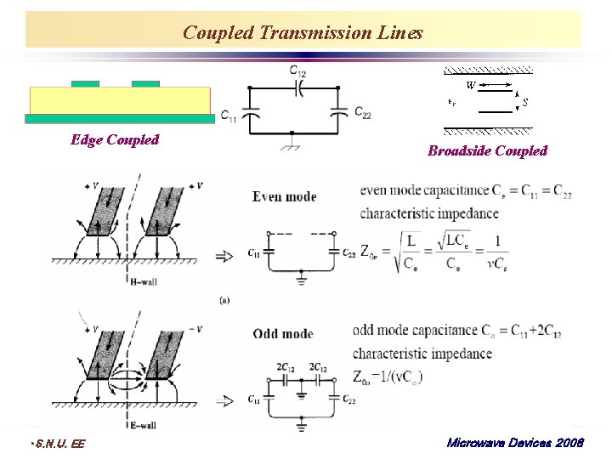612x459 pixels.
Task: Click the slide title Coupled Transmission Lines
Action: point(303,32)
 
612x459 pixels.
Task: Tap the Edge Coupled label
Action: point(115,139)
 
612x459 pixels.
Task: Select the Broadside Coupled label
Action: point(487,150)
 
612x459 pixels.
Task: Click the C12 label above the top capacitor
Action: point(297,71)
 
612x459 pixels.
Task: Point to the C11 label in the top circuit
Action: point(228,116)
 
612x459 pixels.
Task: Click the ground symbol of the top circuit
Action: point(292,146)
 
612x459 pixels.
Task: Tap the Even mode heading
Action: point(284,196)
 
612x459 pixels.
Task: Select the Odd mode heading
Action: point(283,334)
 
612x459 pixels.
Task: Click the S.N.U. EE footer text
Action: point(56,443)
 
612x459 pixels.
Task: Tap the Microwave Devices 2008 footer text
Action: point(514,443)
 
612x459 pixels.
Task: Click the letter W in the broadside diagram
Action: point(470,85)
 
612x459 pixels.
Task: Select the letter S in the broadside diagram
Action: point(525,102)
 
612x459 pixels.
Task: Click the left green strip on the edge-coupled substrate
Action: point(85,83)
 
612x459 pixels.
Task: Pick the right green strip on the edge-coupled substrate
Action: point(145,83)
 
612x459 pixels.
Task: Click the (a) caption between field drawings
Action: point(224,299)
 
